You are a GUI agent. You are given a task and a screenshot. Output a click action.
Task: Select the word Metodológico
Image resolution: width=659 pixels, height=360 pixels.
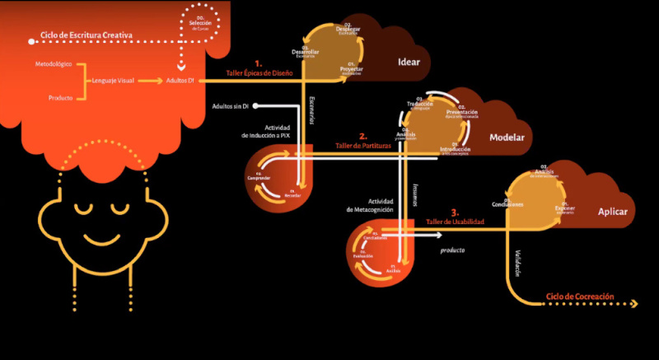[x=53, y=63]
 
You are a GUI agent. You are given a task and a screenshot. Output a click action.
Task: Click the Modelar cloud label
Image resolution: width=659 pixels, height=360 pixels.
[x=507, y=138]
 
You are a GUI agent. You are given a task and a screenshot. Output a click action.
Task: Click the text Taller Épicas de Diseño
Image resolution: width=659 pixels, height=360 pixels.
[x=259, y=73]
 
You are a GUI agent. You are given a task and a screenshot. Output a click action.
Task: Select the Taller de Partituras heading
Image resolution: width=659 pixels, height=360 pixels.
[x=362, y=146]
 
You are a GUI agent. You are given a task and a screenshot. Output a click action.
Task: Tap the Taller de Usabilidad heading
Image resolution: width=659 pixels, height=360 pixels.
[x=455, y=222]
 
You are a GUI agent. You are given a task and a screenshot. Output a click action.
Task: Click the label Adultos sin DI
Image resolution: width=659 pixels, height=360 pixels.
[x=231, y=106]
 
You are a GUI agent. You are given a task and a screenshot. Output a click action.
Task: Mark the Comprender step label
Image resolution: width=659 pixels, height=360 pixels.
[x=258, y=176]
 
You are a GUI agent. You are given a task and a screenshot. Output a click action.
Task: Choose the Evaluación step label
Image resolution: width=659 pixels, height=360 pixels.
[x=363, y=256]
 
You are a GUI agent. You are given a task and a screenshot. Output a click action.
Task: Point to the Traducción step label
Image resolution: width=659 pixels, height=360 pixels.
[x=420, y=105]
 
